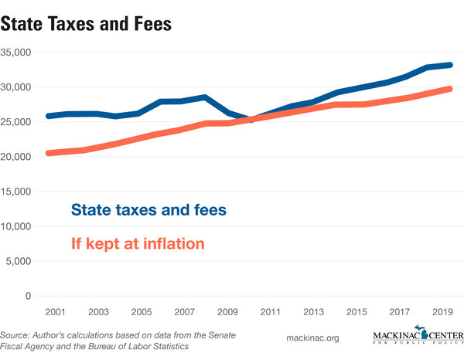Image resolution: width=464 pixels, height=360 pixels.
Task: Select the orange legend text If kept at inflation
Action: [x=138, y=243]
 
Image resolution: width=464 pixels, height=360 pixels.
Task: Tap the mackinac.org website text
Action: [x=313, y=338]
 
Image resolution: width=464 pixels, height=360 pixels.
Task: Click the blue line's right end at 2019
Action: [x=449, y=66]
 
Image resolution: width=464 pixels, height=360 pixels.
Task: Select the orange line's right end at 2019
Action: [x=449, y=89]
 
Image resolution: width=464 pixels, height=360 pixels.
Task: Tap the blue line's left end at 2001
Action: [x=49, y=116]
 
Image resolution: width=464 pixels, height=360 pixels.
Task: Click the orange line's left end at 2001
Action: [x=49, y=153]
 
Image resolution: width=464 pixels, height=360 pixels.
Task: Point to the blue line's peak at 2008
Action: [x=205, y=97]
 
